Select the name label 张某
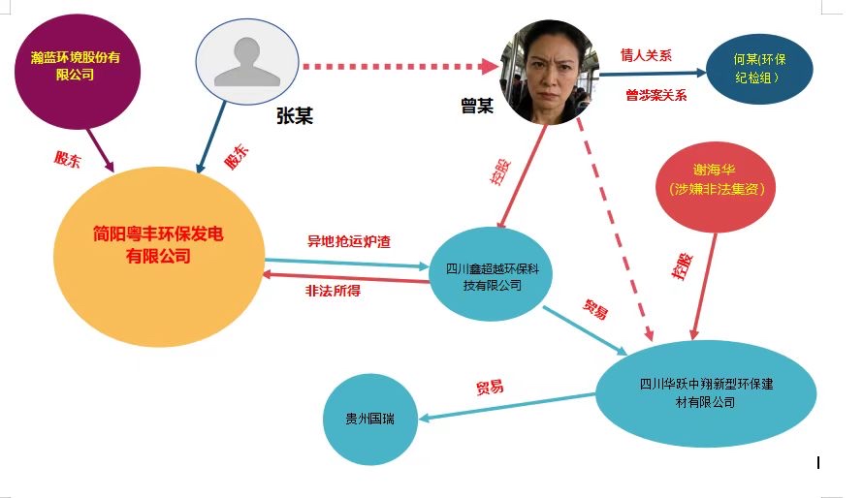294,117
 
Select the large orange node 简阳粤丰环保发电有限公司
157,255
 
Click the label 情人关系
647,54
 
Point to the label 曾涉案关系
655,95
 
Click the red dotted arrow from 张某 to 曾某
402,66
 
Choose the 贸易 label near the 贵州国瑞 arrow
489,387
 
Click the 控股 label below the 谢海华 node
682,266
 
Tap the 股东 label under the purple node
66,159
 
